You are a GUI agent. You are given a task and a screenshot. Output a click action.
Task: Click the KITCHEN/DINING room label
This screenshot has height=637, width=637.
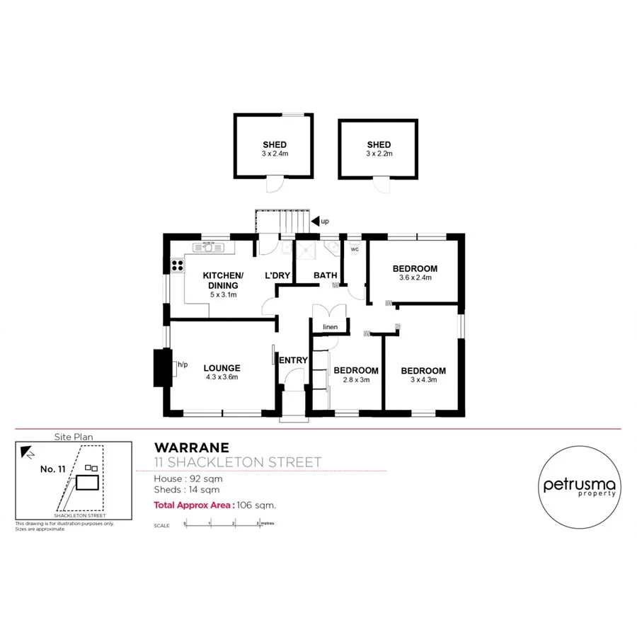point(223,280)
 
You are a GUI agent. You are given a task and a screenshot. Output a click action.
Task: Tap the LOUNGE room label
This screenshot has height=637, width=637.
point(222,368)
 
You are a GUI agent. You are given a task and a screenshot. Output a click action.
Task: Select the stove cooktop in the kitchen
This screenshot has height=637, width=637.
point(177,266)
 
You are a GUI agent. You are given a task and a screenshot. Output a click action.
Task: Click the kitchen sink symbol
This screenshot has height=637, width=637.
point(210,247)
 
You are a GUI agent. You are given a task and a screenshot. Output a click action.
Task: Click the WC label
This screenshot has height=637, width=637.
point(355,249)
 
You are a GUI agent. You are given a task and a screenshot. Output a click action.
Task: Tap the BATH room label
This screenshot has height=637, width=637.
point(326,275)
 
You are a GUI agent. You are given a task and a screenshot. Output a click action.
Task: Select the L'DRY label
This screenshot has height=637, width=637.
point(278,275)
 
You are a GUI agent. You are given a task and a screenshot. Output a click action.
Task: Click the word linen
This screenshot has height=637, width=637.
point(329,327)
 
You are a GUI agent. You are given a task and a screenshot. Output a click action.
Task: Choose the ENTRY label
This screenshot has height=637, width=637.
point(294,360)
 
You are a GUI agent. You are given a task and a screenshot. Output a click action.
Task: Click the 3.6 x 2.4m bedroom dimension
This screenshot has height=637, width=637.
point(415,278)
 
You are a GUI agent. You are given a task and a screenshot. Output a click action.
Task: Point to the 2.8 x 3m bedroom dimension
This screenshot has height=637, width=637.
point(356,380)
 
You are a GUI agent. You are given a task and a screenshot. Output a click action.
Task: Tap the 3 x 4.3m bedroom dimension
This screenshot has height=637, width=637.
point(423,380)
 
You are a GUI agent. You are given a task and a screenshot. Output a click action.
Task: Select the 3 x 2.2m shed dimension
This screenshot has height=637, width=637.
point(379,154)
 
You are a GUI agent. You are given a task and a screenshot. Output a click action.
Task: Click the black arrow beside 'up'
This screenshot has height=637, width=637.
point(316,222)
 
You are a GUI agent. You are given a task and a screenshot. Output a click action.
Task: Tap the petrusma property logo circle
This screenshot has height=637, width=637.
point(580,486)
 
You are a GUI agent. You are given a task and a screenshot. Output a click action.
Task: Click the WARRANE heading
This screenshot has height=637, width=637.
point(191,447)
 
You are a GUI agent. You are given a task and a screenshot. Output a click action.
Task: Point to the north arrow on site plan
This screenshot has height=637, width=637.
point(27,450)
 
